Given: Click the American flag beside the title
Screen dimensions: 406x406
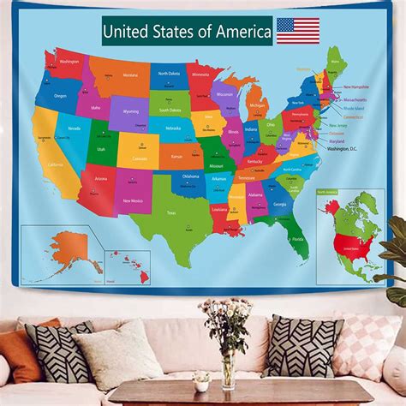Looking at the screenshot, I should click(x=298, y=31).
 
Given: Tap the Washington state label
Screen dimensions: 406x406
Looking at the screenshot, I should click(x=69, y=62).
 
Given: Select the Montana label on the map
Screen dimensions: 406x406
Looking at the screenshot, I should click(x=129, y=75).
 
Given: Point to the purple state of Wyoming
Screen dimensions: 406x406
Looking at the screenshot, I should click(x=130, y=111).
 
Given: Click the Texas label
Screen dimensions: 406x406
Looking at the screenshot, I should click(x=171, y=213).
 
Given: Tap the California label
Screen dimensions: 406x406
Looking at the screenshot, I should click(x=55, y=164).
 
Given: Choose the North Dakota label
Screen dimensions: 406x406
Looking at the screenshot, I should click(x=169, y=74).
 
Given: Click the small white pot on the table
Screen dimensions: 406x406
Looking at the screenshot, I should click(x=202, y=379).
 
